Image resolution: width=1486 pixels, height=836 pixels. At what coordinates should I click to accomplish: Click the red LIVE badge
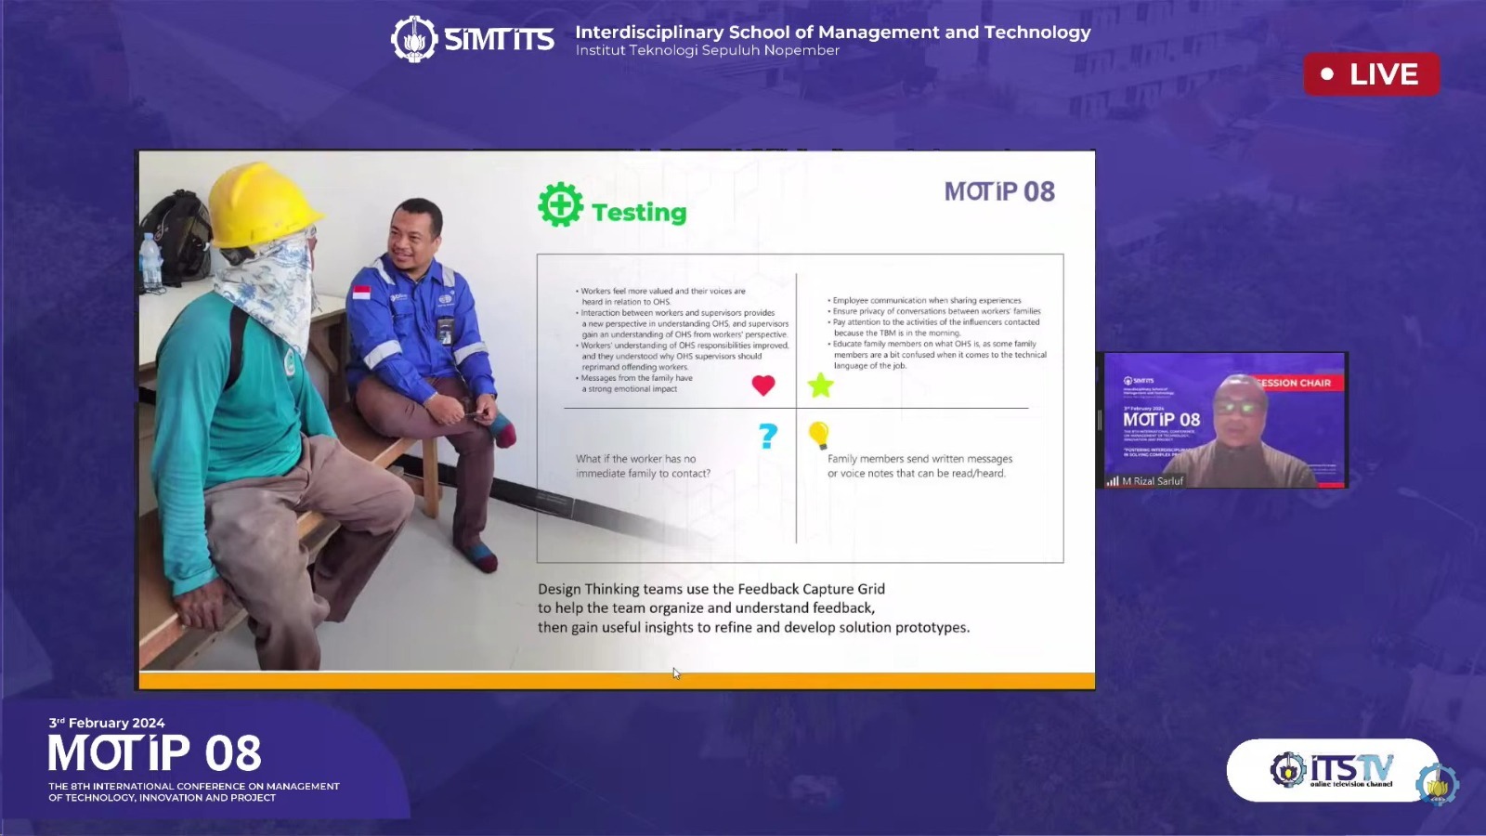click(x=1371, y=74)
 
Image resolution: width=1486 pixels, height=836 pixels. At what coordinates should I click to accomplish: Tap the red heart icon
click(x=763, y=385)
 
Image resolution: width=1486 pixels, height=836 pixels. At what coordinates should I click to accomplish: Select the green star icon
click(x=820, y=385)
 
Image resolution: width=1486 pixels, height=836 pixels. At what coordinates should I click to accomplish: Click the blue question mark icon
click(x=768, y=436)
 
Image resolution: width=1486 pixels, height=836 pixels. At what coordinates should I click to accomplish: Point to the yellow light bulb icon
click(x=818, y=434)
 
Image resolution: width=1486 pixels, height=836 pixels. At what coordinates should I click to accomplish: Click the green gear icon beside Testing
click(x=560, y=205)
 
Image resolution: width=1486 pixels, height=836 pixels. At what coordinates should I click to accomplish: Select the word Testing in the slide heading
click(x=639, y=213)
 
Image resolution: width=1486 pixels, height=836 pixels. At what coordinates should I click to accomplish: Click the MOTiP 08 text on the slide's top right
click(x=999, y=191)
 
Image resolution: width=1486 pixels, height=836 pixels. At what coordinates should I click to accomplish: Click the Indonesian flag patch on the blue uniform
click(x=361, y=293)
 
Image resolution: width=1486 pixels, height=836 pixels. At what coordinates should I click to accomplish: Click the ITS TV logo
click(x=1333, y=770)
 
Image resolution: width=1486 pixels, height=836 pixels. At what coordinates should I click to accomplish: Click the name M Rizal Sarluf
click(x=1153, y=481)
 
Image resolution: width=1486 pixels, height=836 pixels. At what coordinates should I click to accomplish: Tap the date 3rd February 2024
click(x=107, y=723)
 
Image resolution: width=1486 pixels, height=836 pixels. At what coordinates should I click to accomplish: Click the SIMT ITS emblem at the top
click(x=413, y=39)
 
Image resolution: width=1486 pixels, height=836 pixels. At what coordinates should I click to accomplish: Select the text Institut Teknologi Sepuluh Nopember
click(x=707, y=50)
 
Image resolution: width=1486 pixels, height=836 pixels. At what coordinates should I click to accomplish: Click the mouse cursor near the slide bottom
click(x=676, y=673)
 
